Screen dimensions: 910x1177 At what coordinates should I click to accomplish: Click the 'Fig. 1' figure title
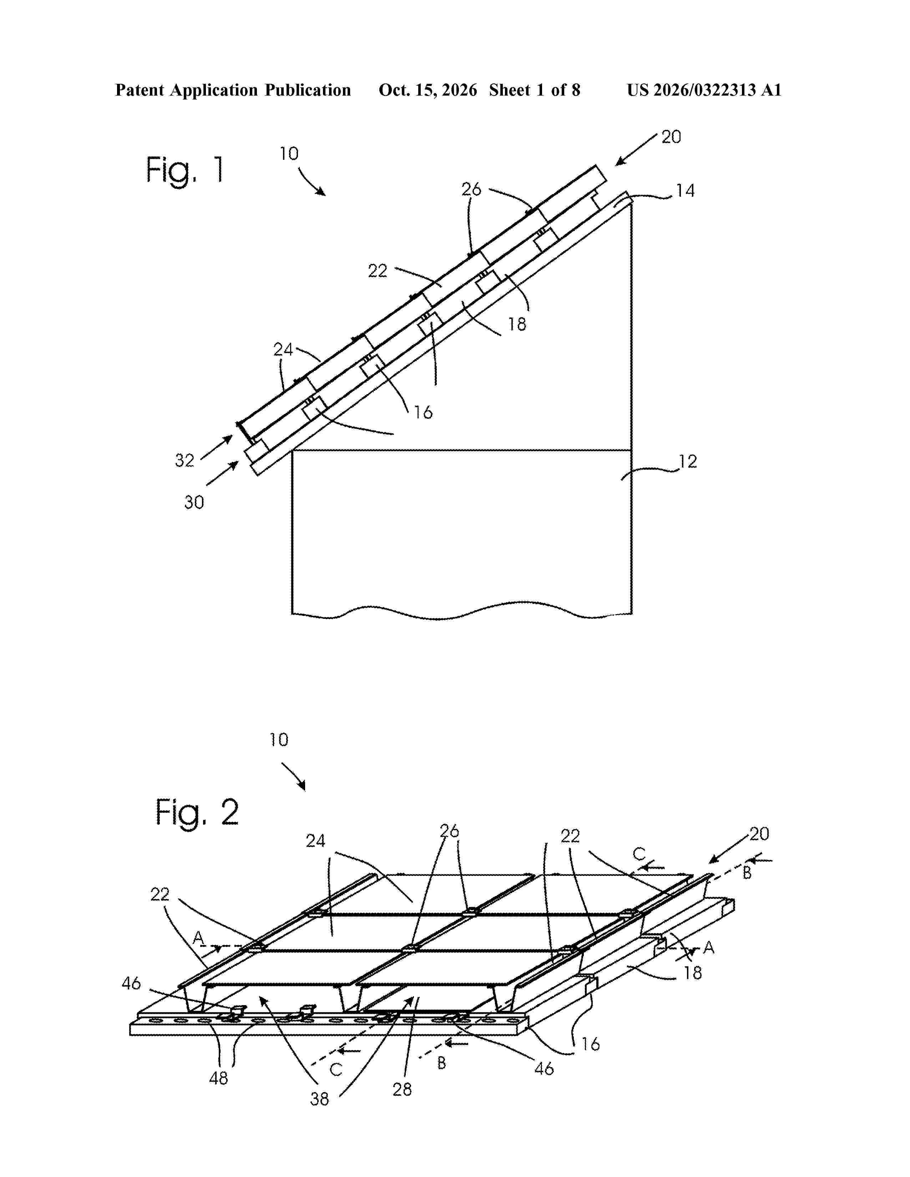(x=184, y=170)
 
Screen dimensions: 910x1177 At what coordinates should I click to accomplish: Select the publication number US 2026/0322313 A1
(x=704, y=90)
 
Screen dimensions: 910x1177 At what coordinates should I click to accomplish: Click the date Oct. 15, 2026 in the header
(x=428, y=90)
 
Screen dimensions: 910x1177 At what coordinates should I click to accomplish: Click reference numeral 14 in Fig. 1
(x=685, y=191)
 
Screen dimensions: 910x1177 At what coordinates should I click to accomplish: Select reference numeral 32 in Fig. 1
(x=184, y=460)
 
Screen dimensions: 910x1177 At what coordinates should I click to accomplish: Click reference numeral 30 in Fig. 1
(x=194, y=502)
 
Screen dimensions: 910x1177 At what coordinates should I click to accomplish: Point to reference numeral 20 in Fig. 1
(x=671, y=137)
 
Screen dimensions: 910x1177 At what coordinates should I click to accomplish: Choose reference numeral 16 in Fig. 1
(x=423, y=412)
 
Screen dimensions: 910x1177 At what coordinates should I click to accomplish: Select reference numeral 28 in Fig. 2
(x=402, y=1089)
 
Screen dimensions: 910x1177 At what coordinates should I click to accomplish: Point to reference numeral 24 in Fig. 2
(x=315, y=841)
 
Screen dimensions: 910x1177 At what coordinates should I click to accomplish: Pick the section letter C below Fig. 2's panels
(x=336, y=1069)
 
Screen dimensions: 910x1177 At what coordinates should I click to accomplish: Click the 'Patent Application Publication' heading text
(x=233, y=90)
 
